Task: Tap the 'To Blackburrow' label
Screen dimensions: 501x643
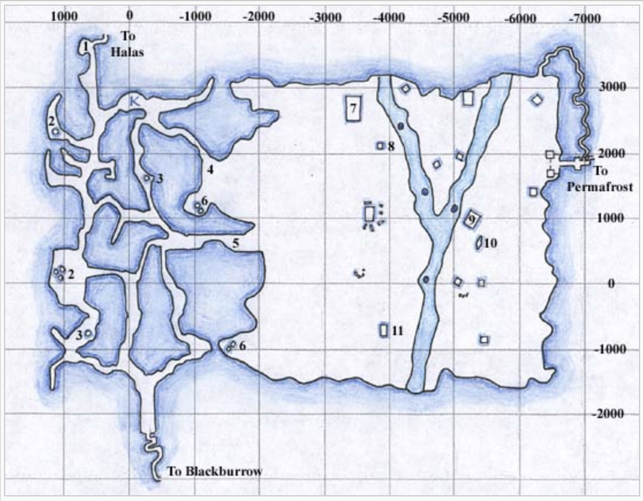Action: click(214, 472)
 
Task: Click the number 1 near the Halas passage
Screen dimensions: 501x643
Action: click(86, 45)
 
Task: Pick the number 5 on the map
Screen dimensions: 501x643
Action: click(236, 244)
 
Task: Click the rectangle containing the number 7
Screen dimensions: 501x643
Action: click(353, 108)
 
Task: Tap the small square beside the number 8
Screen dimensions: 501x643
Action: click(380, 146)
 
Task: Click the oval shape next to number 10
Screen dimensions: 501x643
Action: click(479, 244)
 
